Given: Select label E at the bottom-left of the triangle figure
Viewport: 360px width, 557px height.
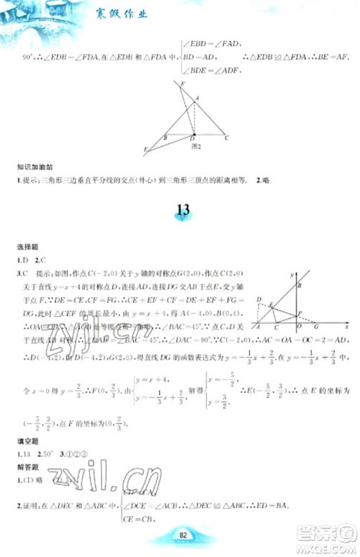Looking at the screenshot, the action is pyautogui.click(x=145, y=150).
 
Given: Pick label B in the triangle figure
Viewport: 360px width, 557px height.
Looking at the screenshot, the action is pyautogui.click(x=166, y=137).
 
